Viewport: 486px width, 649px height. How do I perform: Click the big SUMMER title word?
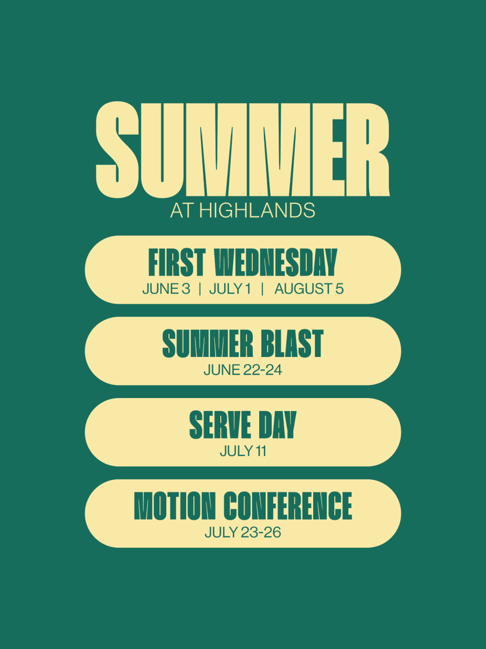[x=242, y=150]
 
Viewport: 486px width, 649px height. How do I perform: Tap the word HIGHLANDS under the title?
[x=257, y=211]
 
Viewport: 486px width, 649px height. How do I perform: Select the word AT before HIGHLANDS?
[x=183, y=211]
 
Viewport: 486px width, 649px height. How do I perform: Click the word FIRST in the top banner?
[x=177, y=262]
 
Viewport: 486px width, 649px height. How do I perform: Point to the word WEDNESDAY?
[x=275, y=262]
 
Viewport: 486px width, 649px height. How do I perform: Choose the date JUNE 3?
[x=166, y=289]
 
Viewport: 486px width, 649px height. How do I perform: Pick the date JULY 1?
[x=230, y=289]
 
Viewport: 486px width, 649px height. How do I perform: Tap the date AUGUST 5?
[x=309, y=289]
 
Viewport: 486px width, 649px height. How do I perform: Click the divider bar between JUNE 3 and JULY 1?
[x=200, y=289]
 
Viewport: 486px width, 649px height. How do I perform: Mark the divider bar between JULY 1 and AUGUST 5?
[x=262, y=289]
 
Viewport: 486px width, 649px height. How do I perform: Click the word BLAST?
[x=293, y=343]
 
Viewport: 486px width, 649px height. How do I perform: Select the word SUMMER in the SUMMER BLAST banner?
[x=208, y=343]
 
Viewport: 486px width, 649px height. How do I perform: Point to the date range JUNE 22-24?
[x=243, y=370]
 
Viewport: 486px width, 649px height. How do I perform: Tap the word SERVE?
[x=220, y=425]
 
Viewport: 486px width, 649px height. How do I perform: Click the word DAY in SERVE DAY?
[x=278, y=425]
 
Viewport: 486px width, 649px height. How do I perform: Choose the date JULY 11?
[x=243, y=452]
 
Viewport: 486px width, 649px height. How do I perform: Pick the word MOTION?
[x=174, y=506]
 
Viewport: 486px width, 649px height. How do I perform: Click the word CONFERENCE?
[x=288, y=506]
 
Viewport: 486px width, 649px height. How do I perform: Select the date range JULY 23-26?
[x=243, y=533]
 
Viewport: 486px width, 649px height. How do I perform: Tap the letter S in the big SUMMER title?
[x=117, y=150]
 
